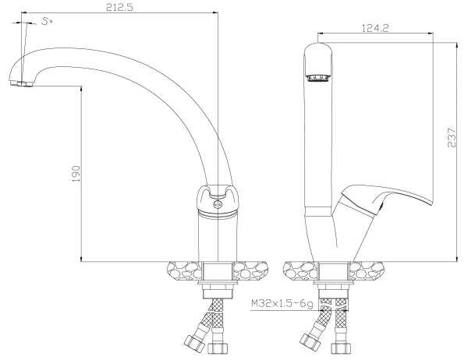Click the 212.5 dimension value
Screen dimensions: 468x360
click(x=119, y=7)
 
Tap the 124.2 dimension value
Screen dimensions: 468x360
click(x=375, y=28)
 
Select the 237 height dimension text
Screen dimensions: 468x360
click(x=452, y=137)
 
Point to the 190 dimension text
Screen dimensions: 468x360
click(x=76, y=174)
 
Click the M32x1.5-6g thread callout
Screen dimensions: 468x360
click(x=282, y=304)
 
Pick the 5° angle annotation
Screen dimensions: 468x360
click(x=47, y=22)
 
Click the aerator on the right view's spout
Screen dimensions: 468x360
click(x=318, y=78)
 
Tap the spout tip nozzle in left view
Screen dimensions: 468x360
click(x=20, y=83)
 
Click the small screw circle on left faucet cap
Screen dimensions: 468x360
click(x=218, y=204)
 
